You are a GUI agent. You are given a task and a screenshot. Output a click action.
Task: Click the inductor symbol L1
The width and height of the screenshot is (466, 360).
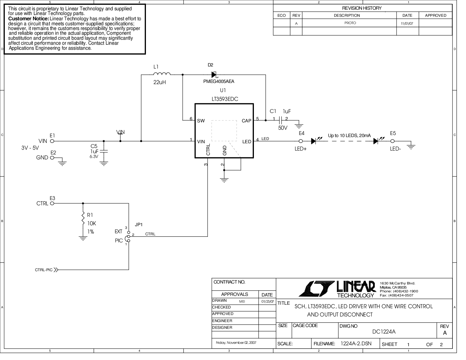tap(162, 74)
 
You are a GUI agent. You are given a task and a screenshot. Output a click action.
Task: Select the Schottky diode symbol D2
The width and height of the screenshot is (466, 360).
tap(214, 75)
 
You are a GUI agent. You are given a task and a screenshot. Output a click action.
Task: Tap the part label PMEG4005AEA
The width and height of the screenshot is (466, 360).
tap(219, 81)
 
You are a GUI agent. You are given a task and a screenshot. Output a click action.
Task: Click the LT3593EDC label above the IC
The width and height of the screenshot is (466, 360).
tap(225, 99)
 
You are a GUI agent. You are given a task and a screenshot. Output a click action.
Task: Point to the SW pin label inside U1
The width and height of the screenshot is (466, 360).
tap(201, 121)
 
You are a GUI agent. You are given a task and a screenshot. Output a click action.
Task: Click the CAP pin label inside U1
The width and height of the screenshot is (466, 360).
tap(247, 121)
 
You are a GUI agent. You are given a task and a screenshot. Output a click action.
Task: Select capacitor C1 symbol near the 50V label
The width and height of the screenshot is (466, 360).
tap(281, 120)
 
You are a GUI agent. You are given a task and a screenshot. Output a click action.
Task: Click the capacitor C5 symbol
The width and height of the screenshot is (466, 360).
tap(104, 151)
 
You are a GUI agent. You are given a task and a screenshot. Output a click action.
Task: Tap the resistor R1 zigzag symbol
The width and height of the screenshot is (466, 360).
tap(83, 219)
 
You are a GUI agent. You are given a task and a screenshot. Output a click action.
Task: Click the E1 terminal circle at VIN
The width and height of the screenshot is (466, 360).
tap(52, 141)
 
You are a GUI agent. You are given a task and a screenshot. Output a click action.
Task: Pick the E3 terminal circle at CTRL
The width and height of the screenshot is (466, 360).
tap(52, 203)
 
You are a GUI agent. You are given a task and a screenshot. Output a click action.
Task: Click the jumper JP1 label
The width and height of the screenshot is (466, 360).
tap(139, 224)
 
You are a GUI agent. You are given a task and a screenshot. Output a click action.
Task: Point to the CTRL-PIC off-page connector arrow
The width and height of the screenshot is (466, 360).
tap(56, 269)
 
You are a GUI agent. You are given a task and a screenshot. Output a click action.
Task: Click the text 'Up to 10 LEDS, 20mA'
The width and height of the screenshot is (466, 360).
tap(349, 136)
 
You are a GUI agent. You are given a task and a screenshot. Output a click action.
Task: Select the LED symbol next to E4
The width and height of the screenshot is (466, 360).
tap(314, 141)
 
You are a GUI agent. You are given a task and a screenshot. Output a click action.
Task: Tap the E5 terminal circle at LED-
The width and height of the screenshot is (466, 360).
tap(392, 141)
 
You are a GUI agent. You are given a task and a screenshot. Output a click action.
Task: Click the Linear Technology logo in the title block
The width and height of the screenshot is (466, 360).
tap(338, 289)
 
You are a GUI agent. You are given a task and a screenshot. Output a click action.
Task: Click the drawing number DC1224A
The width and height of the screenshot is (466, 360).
tap(384, 332)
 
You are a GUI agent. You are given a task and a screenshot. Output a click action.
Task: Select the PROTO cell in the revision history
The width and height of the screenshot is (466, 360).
tap(350, 23)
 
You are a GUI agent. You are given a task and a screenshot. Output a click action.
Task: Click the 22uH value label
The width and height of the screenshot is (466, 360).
tap(159, 82)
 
